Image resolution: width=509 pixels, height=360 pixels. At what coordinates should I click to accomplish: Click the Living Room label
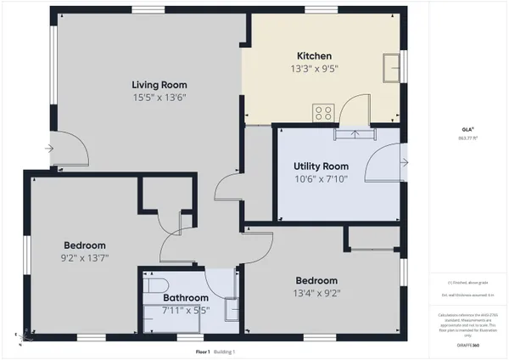159,85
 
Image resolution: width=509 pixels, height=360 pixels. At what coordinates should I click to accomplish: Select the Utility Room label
321,166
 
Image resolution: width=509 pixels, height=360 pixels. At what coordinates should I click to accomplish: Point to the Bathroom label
186,298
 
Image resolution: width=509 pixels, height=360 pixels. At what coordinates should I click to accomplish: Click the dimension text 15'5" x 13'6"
159,98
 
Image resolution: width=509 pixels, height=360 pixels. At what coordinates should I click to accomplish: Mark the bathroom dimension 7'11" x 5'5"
186,311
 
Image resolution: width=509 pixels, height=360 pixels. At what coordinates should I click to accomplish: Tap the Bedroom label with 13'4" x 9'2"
316,281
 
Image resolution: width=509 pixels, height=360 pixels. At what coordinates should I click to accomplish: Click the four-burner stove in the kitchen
323,110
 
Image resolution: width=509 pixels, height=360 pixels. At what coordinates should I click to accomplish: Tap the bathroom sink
232,310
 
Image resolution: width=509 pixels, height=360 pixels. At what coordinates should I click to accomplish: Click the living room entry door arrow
50,150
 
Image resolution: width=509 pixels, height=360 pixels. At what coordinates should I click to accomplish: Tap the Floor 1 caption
202,351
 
